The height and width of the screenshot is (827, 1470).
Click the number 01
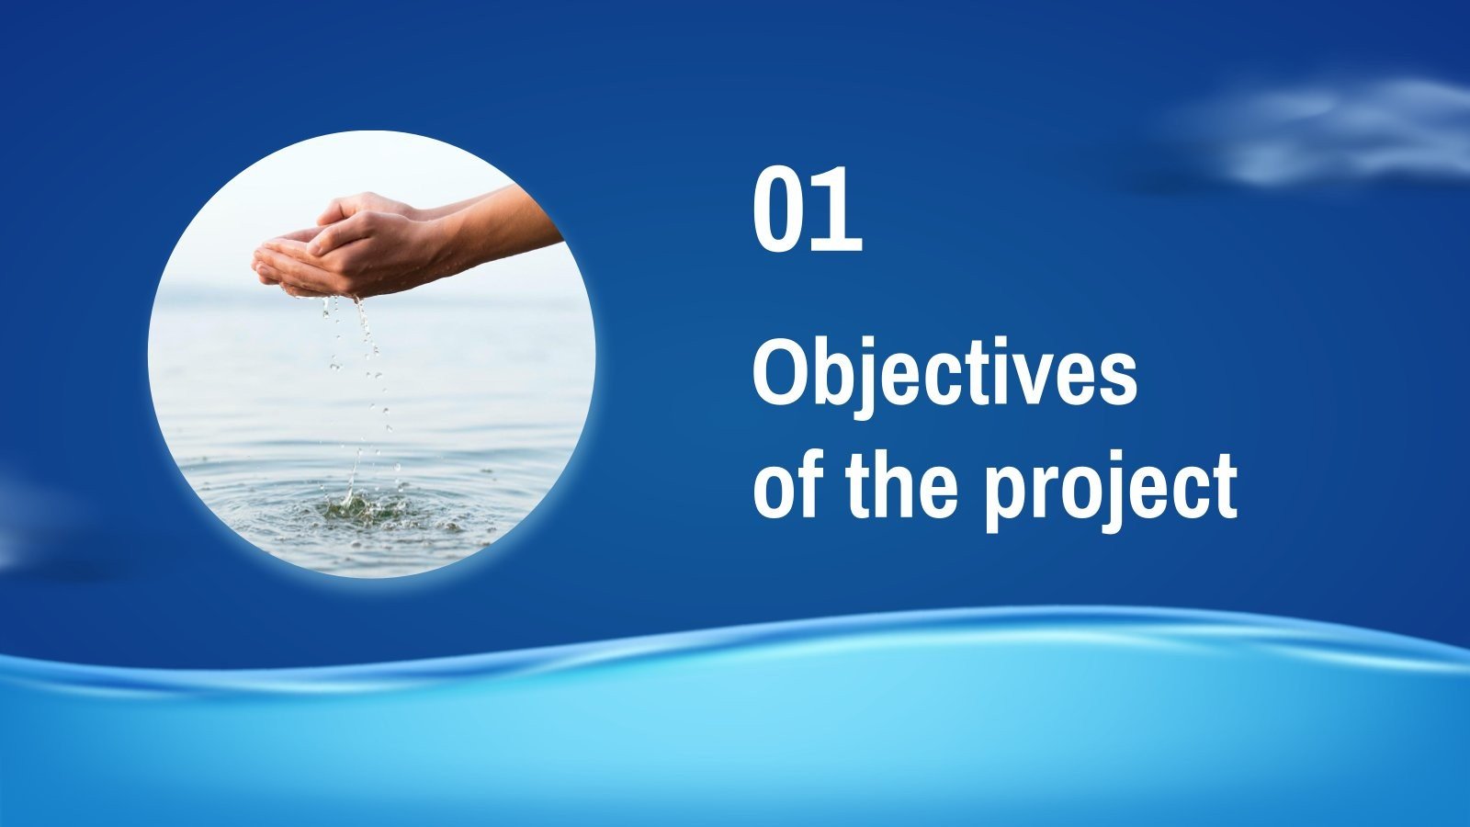pyautogui.click(x=808, y=210)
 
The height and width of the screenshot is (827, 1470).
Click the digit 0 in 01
pyautogui.click(x=780, y=210)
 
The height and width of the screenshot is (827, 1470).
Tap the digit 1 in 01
pyautogui.click(x=840, y=210)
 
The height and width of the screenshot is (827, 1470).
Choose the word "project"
pyautogui.click(x=1110, y=491)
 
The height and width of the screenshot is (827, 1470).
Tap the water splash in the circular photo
pyautogui.click(x=358, y=505)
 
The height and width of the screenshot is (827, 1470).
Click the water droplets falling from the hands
pyautogui.click(x=367, y=368)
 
